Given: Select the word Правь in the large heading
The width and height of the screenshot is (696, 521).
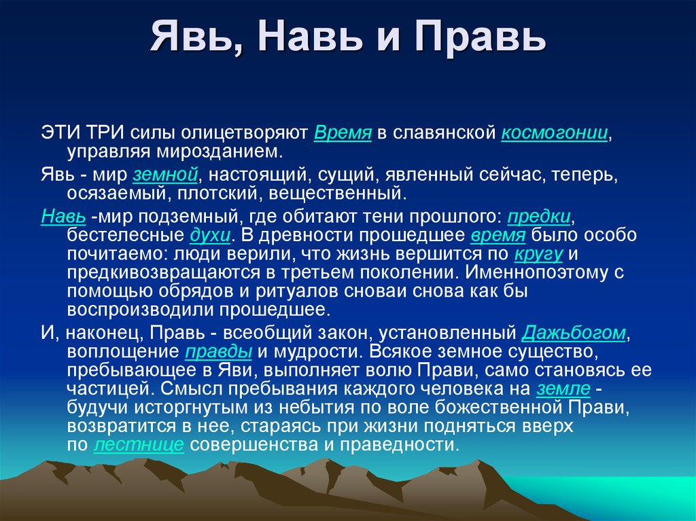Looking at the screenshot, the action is [x=480, y=37].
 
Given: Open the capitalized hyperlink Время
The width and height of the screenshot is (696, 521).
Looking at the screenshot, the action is [x=343, y=132].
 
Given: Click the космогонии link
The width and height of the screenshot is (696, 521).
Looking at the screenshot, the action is [x=555, y=132].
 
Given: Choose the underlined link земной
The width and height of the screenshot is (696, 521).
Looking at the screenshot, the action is [x=165, y=175].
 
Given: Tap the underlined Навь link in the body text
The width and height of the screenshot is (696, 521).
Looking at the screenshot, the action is [x=63, y=217].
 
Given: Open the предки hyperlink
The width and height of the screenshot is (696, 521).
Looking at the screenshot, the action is [x=538, y=217].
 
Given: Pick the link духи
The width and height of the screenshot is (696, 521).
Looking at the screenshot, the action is [x=210, y=236].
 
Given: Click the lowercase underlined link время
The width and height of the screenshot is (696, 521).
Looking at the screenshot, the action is [x=498, y=236].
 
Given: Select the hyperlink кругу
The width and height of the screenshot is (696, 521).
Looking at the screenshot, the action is [x=538, y=254].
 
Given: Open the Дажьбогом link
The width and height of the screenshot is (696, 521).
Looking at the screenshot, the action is [x=574, y=333].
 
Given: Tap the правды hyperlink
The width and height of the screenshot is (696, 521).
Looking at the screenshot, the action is [x=218, y=352].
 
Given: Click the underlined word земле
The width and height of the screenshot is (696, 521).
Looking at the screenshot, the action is [x=563, y=389].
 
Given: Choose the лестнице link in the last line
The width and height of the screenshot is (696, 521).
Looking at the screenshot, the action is [x=139, y=445].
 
